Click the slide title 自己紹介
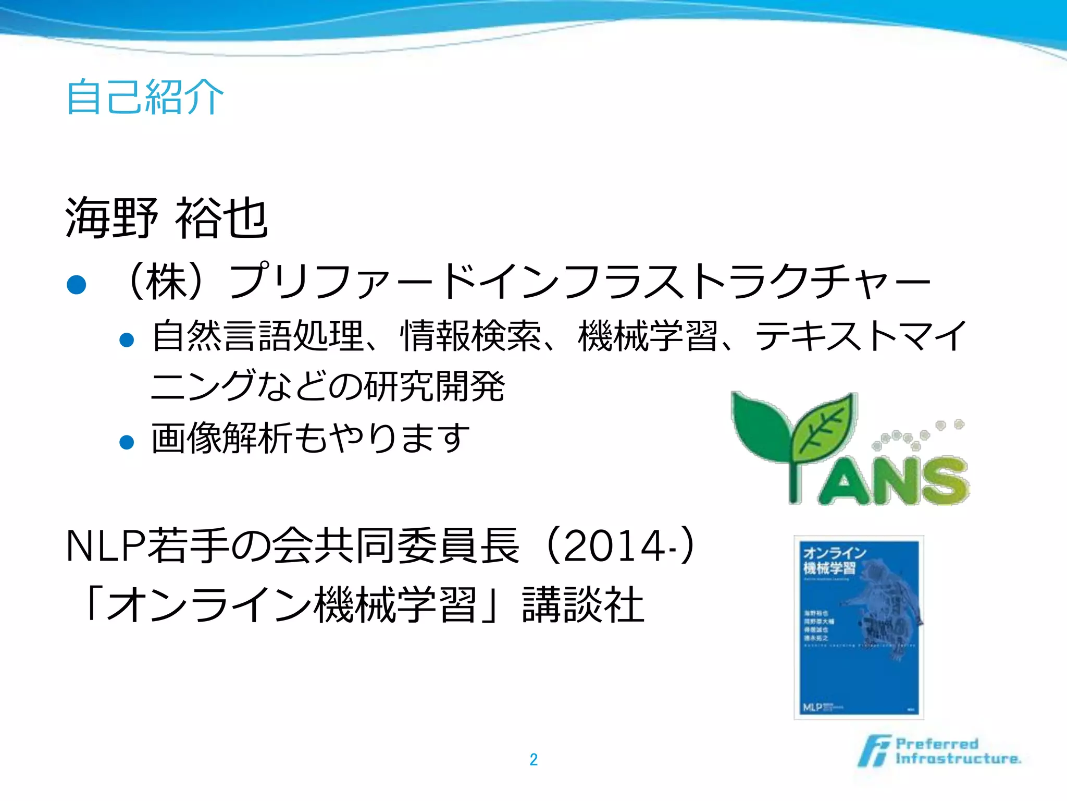tap(145, 96)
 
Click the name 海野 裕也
tap(167, 218)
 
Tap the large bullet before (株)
tap(77, 285)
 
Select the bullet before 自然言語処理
tap(127, 341)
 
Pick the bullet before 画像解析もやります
tap(127, 442)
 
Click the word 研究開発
tap(433, 386)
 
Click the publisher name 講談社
tap(584, 605)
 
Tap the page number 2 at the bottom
tap(533, 759)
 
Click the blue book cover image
tap(859, 627)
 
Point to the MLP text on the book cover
tap(813, 707)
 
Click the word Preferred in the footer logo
tap(937, 744)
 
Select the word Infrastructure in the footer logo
tap(958, 758)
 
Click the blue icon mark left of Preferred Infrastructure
tap(874, 751)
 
